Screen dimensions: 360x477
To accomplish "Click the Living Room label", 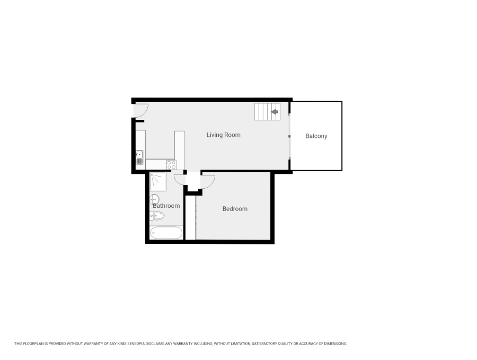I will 223,135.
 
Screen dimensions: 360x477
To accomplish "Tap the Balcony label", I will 316,136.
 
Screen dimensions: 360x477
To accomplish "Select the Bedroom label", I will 235,209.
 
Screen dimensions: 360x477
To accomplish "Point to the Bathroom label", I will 166,206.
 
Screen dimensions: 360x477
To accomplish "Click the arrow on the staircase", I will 274,112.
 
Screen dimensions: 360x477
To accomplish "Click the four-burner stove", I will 172,164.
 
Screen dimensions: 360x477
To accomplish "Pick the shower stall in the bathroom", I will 157,181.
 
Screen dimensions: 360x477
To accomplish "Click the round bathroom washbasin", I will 154,199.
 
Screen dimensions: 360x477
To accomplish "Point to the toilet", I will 157,216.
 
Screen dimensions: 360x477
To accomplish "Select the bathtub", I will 166,233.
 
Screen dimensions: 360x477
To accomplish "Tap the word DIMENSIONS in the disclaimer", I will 334,344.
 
